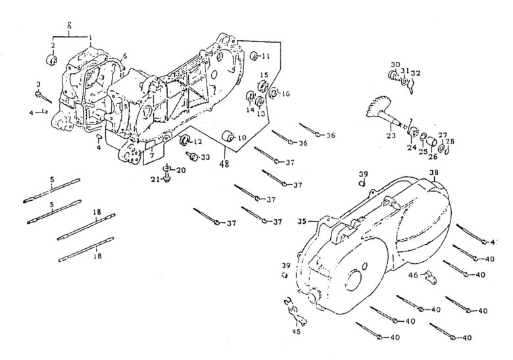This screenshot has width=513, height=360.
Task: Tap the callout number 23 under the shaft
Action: tap(390, 136)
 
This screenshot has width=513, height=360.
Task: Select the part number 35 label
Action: tap(303, 220)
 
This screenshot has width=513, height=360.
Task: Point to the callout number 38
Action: tap(433, 174)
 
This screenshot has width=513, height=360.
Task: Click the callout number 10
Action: tap(241, 138)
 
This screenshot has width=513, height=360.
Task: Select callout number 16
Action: tap(285, 93)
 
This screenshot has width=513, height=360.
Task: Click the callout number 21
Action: tap(155, 179)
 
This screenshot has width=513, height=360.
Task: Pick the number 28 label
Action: tap(450, 140)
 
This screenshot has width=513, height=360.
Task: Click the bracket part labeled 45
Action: tap(291, 311)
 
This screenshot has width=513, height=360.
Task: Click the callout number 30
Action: tap(395, 64)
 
